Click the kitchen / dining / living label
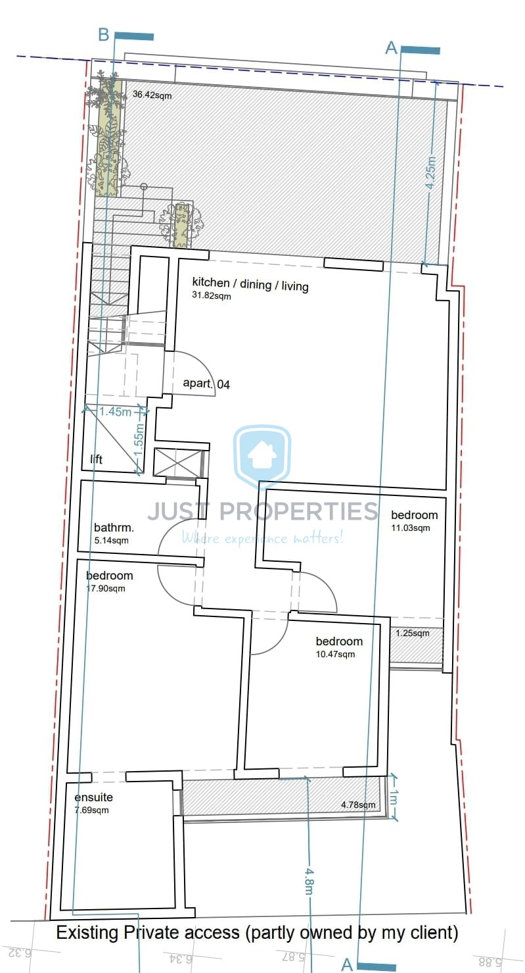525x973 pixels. (250, 284)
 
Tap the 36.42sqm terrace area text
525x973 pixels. (152, 95)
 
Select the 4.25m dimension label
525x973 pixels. (430, 172)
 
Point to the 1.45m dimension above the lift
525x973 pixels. (115, 411)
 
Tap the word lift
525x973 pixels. (96, 459)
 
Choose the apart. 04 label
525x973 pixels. (206, 384)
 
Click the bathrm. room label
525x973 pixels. (114, 528)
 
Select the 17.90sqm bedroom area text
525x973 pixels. (105, 589)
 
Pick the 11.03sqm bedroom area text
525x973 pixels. (411, 528)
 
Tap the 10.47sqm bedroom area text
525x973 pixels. (335, 654)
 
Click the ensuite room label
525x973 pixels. (93, 797)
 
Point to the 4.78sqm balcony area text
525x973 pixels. (358, 805)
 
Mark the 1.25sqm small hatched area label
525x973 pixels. (412, 634)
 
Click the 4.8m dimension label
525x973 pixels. (309, 882)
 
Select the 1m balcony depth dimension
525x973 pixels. (394, 797)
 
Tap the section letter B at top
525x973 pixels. (104, 35)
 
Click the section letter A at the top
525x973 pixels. (392, 48)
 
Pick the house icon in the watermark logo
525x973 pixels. (262, 455)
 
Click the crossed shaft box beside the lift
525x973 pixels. (178, 462)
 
